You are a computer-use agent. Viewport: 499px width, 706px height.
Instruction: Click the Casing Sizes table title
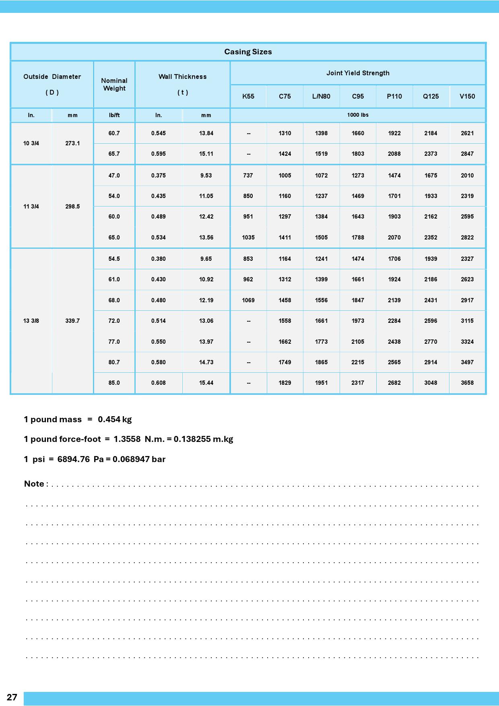[248, 52]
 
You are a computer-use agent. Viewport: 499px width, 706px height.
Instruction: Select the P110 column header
[394, 96]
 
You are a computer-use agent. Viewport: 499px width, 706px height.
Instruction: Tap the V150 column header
[467, 96]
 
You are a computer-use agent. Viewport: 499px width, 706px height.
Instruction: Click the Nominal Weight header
[114, 85]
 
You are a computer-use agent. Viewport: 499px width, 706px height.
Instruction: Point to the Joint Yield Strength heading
[358, 73]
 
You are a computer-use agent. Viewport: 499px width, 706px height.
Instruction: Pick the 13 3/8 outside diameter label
[31, 321]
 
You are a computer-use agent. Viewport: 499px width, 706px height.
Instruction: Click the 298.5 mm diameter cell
[72, 206]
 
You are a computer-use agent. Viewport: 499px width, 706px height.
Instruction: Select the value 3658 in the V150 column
[467, 383]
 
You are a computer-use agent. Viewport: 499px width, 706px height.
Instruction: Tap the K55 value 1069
[248, 300]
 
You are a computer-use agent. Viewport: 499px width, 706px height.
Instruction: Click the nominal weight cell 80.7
[114, 362]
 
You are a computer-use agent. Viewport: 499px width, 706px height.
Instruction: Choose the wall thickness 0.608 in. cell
[158, 383]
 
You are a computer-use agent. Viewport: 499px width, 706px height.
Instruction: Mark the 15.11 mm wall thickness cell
[206, 154]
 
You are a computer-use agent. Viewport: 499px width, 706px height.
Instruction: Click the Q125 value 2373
[431, 154]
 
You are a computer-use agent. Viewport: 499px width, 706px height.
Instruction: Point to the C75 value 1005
[285, 175]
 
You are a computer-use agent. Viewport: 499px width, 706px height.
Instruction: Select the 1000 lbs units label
[358, 115]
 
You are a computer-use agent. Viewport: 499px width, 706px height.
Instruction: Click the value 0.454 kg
[115, 419]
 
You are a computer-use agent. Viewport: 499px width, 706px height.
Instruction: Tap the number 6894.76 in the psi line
[73, 459]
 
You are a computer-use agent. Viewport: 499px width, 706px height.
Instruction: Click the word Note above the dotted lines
[34, 484]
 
